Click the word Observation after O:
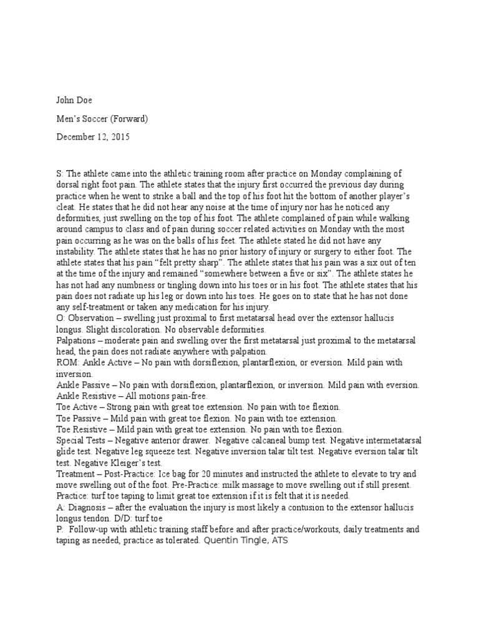pyautogui.click(x=94, y=318)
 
